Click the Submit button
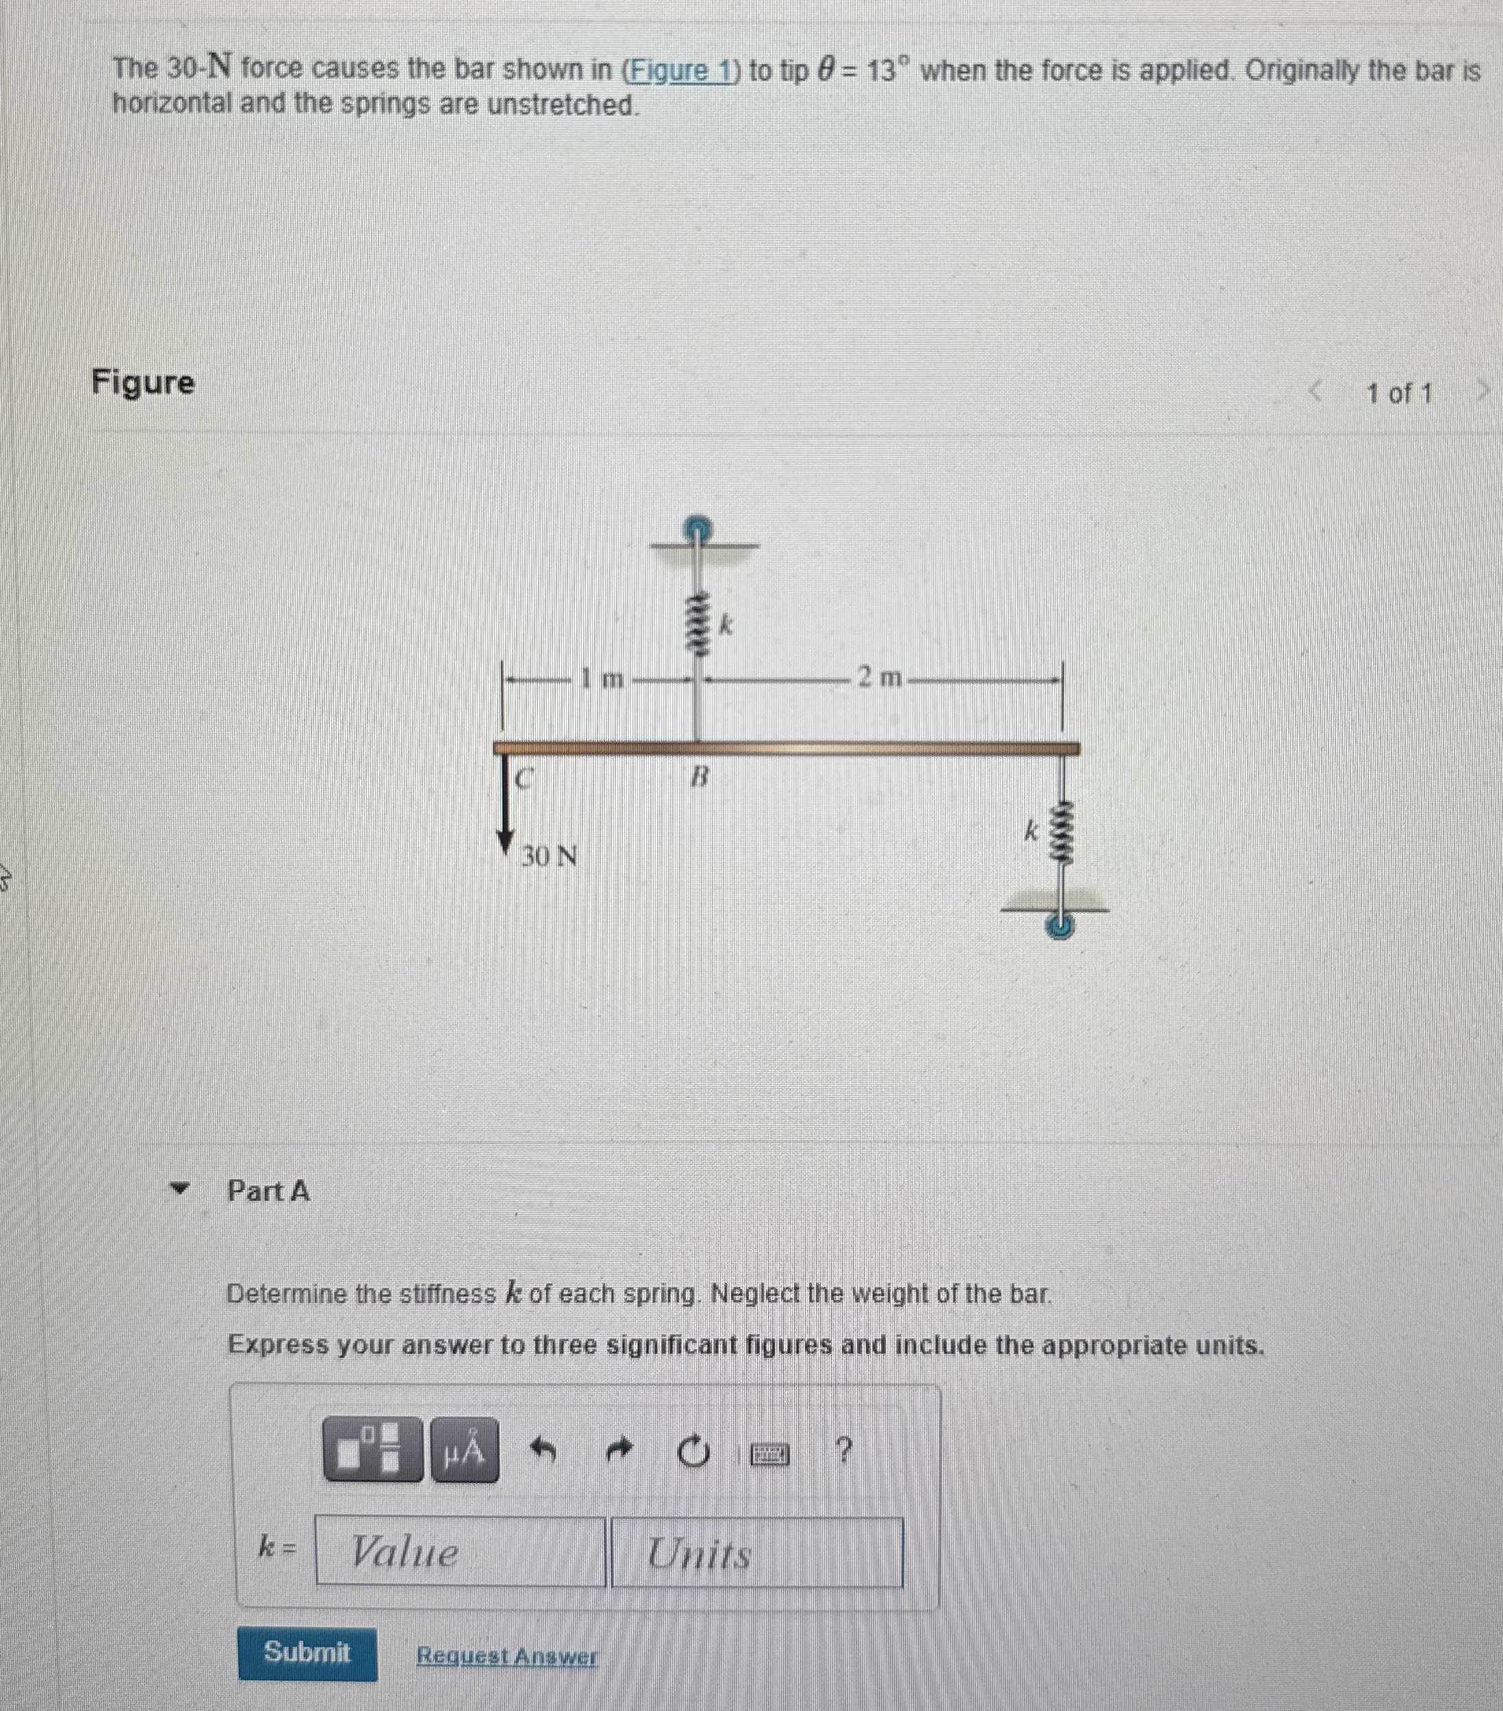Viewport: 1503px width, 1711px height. (307, 1652)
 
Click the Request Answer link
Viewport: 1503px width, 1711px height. (507, 1655)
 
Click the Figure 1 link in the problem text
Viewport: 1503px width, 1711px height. (680, 71)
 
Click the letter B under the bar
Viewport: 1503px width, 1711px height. (699, 777)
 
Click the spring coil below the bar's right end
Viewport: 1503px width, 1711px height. (1062, 833)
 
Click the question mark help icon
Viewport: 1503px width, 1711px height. (845, 1448)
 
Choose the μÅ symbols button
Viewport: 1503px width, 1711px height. (465, 1450)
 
